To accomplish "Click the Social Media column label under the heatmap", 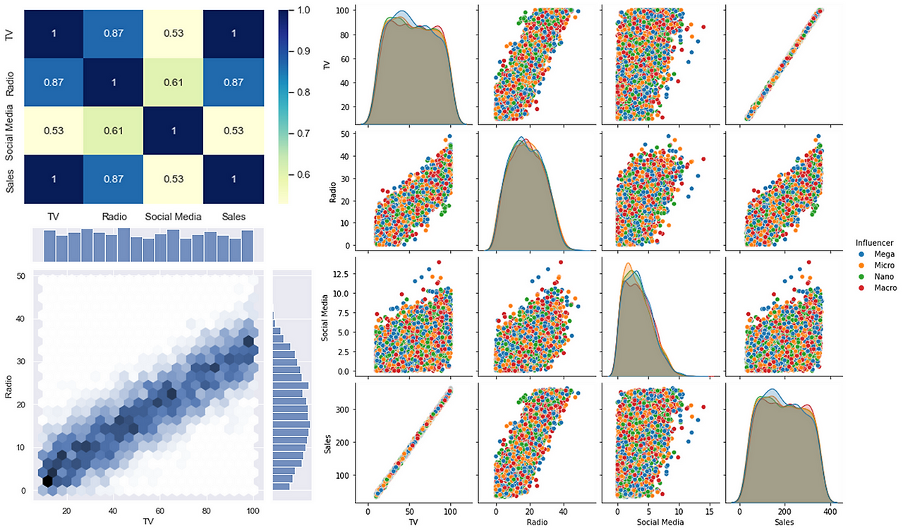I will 173,217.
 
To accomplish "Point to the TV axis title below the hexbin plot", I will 147,522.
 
